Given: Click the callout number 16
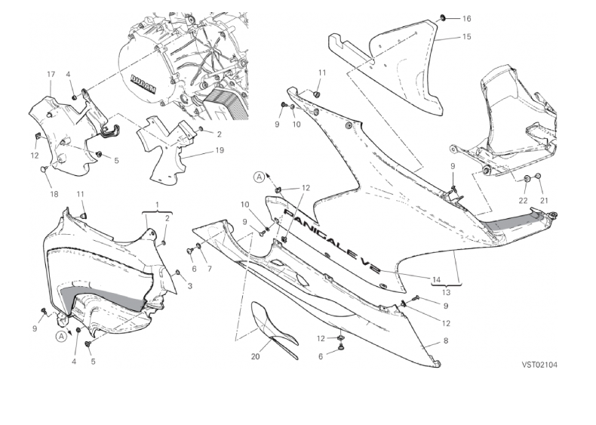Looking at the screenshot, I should coord(465,18).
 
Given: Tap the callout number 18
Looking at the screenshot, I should coord(54,194).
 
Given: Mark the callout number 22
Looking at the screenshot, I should coord(523,200).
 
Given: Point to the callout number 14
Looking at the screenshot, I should coord(435,279).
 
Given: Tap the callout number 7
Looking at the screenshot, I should coord(210,268).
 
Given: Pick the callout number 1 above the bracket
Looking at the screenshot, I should coord(156,205).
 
